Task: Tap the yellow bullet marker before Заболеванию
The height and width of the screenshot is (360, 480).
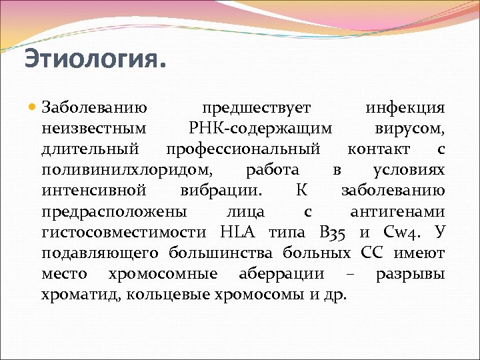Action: [x=33, y=108]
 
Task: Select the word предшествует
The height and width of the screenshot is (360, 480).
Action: [x=257, y=108]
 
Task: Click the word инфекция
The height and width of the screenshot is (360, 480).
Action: [x=405, y=108]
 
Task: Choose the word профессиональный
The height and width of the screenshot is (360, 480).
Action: [x=243, y=149]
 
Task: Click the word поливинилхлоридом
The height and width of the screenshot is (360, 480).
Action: [x=127, y=170]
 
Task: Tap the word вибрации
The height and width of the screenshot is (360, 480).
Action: [x=221, y=191]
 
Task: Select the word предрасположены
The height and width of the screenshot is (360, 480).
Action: [x=114, y=212]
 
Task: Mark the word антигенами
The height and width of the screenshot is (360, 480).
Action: [x=397, y=212]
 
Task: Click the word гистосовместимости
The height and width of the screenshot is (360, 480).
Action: [x=126, y=233]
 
